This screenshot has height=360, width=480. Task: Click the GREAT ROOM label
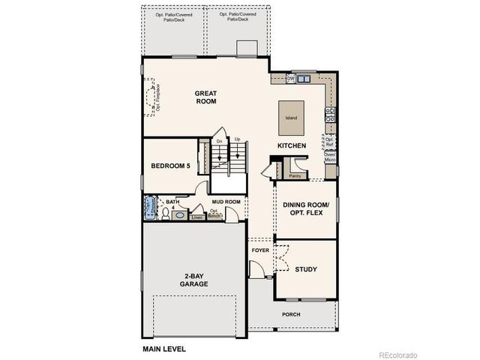coord(206,97)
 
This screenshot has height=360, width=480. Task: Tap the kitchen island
coord(291,113)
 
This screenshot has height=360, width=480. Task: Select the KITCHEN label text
coord(290,145)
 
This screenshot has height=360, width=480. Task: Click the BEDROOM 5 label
coord(170,166)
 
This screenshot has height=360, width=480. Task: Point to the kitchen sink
coord(304,79)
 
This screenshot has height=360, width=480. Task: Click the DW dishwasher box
coord(290,79)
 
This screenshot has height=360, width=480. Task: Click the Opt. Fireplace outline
coord(154,98)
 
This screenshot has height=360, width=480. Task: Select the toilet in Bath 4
coord(165,213)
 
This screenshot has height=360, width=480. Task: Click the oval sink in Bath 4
coord(179,215)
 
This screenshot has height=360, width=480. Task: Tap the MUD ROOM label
coord(226,202)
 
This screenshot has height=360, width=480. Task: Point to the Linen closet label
coord(196,217)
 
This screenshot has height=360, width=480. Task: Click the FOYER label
coord(260,249)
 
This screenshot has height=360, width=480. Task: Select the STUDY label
coord(305,269)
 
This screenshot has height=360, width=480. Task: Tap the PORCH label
coord(292,315)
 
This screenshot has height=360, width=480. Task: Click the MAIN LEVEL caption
coord(163,349)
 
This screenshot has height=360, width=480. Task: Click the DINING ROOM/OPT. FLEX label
coord(310,209)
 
